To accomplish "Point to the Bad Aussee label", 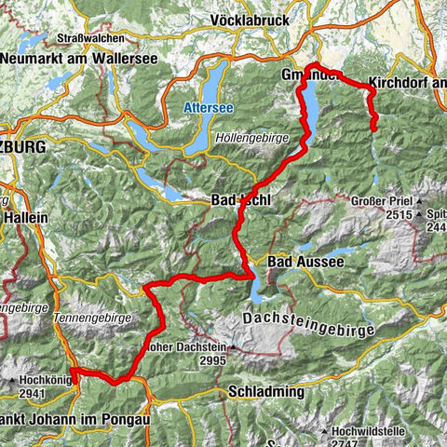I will [305, 264].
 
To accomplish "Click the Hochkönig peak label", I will [37, 381].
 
